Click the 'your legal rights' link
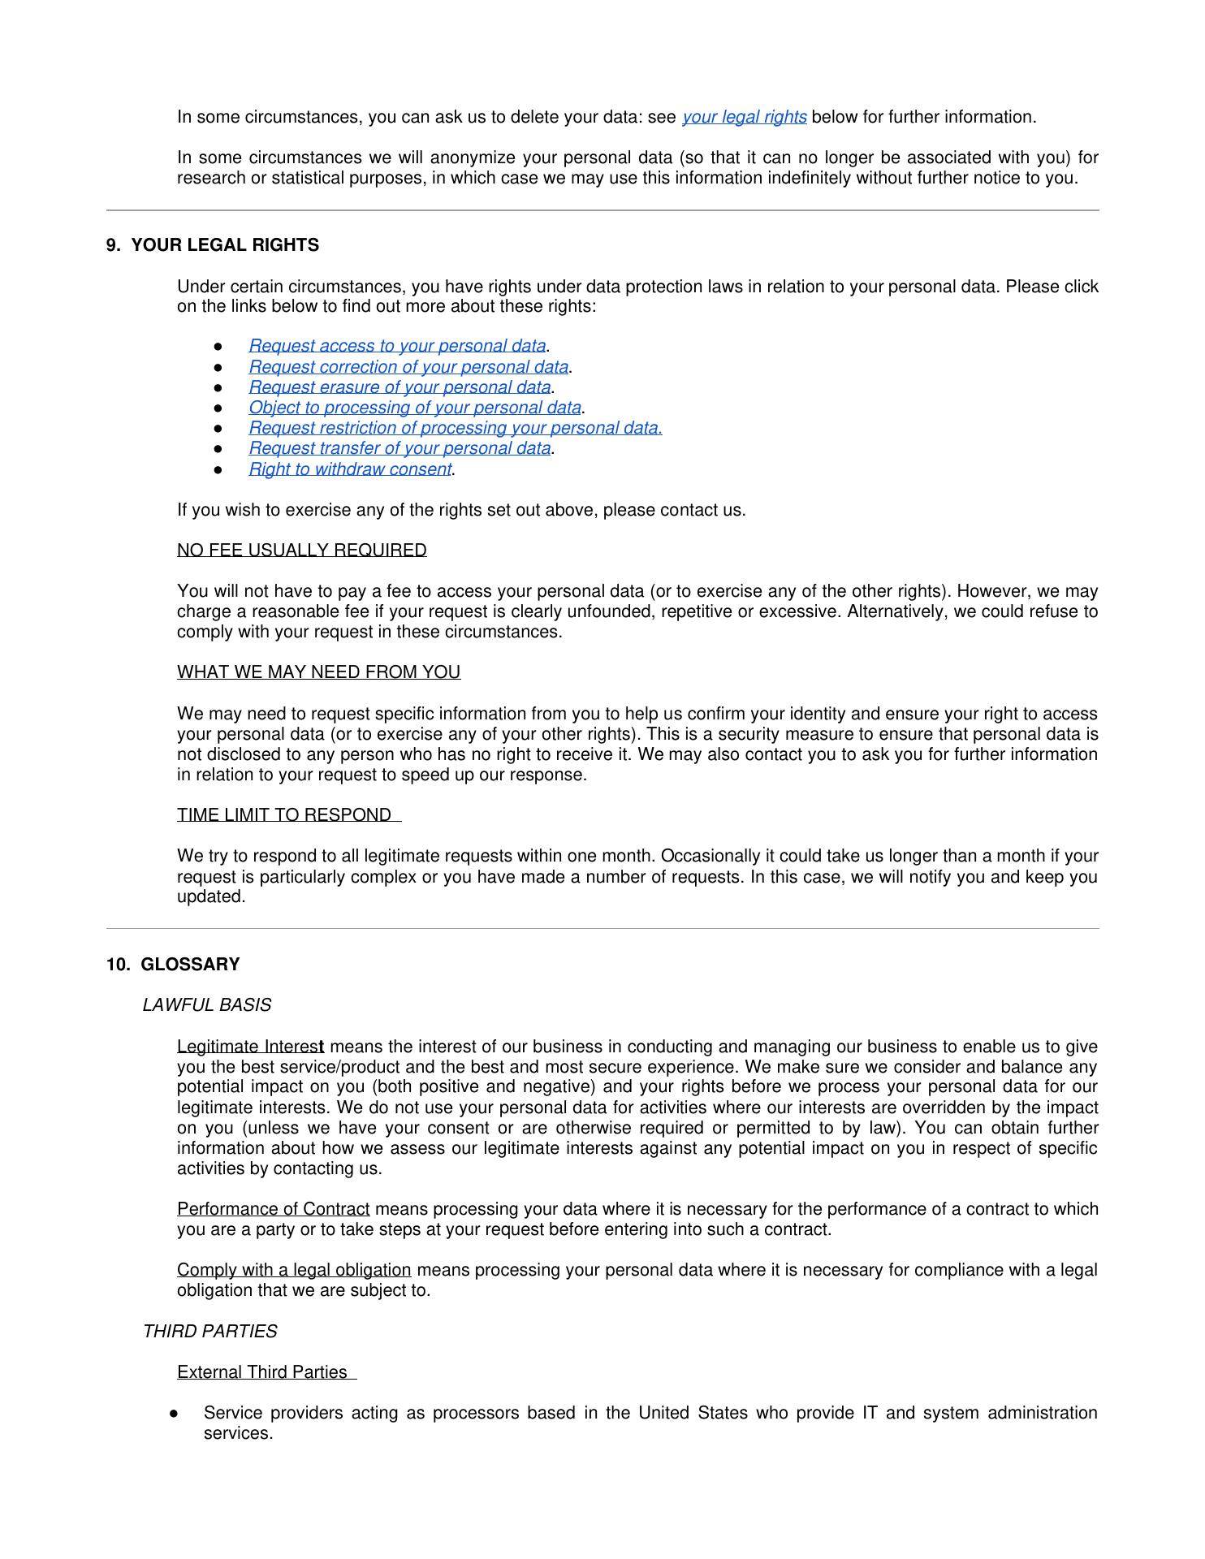tap(744, 117)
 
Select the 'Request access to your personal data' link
tap(397, 347)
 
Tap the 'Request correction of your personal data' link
tap(408, 367)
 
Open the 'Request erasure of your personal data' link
tap(400, 387)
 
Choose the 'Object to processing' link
tap(415, 408)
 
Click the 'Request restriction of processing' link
tap(455, 428)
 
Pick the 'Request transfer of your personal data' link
tap(400, 448)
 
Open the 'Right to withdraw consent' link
tap(350, 469)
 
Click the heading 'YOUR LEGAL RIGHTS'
tap(225, 245)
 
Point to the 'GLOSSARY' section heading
tap(190, 965)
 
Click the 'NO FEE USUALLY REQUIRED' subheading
tap(301, 551)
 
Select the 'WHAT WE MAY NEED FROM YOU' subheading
tap(318, 672)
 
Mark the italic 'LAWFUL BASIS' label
tap(207, 1005)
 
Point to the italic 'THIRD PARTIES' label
tap(210, 1332)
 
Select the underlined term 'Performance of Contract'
tap(273, 1209)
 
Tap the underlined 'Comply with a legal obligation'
tap(294, 1270)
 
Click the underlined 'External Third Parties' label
tap(262, 1372)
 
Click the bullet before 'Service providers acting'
tap(175, 1414)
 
